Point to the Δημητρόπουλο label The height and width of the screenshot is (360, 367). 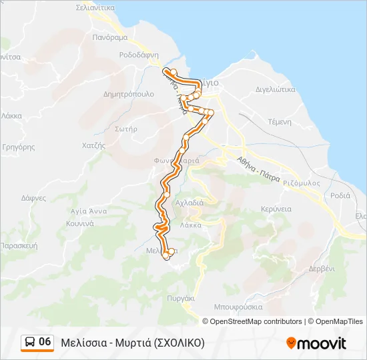tap(129, 94)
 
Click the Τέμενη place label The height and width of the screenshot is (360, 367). tap(280, 122)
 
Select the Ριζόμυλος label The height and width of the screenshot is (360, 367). tap(302, 182)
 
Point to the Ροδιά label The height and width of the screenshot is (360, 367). tap(340, 195)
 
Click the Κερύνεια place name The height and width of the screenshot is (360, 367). tap(276, 209)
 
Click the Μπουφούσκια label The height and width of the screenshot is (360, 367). tap(238, 307)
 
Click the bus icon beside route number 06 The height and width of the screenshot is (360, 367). tap(30, 342)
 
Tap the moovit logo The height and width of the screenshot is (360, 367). tap(316, 343)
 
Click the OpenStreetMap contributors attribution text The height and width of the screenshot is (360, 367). tap(256, 321)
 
